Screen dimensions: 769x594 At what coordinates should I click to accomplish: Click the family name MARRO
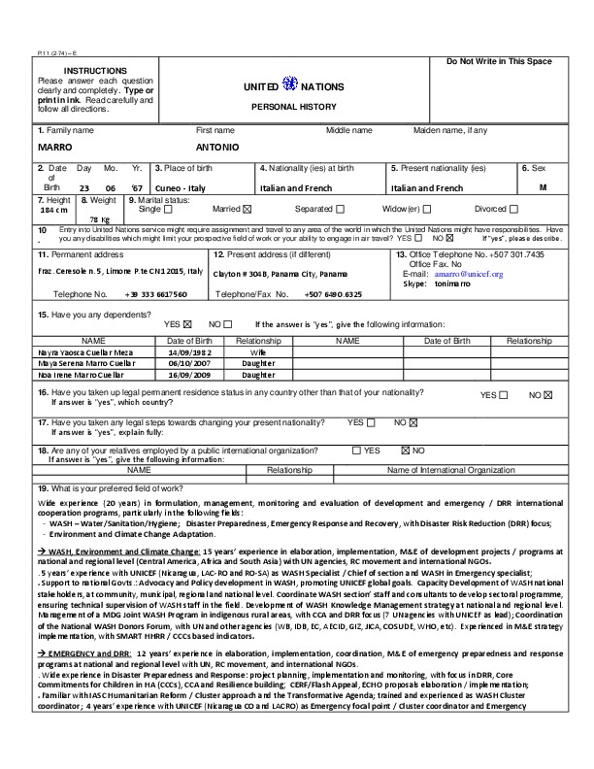pyautogui.click(x=54, y=146)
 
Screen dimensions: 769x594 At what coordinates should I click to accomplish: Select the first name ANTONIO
pyautogui.click(x=217, y=146)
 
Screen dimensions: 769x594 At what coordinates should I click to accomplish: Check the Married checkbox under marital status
pyautogui.click(x=247, y=209)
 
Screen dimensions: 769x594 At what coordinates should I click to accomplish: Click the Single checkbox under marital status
pyautogui.click(x=168, y=209)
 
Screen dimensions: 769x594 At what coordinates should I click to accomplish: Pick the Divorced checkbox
pyautogui.click(x=513, y=209)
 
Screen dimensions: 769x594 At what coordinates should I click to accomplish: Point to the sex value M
pyautogui.click(x=544, y=186)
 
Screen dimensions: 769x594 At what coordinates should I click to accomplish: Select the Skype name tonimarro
pyautogui.click(x=452, y=284)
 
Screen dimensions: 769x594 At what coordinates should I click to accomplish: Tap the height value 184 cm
pyautogui.click(x=53, y=210)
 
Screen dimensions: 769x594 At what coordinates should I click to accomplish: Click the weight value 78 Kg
pyautogui.click(x=100, y=220)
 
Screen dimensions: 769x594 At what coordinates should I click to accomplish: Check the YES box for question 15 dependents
pyautogui.click(x=187, y=324)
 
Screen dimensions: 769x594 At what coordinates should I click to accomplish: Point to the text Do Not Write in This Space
pyautogui.click(x=499, y=62)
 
